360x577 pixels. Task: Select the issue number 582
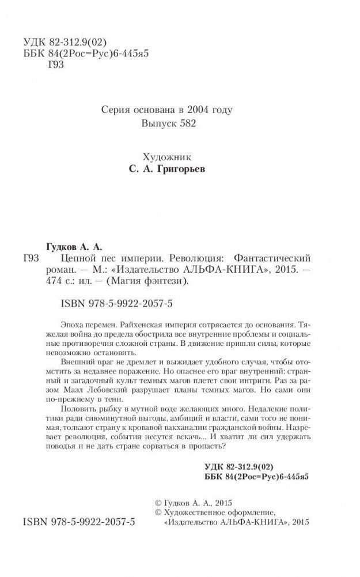pos(184,124)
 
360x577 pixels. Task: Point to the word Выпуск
pos(157,124)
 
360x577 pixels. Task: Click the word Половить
pos(75,407)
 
